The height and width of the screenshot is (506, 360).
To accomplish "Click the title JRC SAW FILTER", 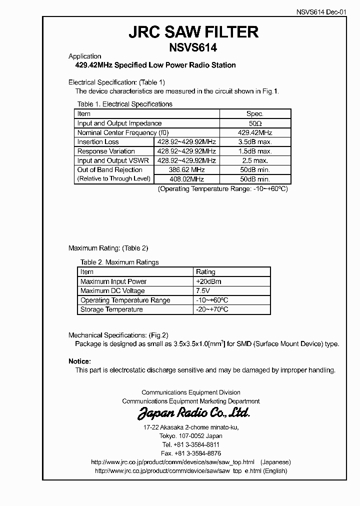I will click(x=194, y=32).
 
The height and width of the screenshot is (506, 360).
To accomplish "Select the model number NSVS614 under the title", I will click(x=194, y=48).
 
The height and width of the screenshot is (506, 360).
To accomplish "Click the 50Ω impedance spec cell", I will click(x=255, y=123).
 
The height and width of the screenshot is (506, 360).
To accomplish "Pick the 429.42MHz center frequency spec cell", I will click(x=255, y=132).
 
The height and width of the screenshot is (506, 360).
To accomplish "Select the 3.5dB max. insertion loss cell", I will click(x=255, y=142).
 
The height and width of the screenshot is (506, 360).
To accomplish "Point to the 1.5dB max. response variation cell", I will click(x=255, y=151).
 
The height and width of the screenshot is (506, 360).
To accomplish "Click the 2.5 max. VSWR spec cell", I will click(x=255, y=160).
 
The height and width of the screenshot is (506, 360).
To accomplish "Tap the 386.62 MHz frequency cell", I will click(x=186, y=170).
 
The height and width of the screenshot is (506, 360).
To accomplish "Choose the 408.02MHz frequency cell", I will click(x=186, y=179).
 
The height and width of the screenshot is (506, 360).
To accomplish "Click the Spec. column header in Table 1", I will click(x=255, y=113).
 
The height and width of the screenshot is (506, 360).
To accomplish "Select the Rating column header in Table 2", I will click(x=205, y=272).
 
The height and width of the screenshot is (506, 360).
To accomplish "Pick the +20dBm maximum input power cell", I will click(x=209, y=281).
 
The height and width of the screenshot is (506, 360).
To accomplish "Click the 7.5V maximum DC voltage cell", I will click(x=203, y=291).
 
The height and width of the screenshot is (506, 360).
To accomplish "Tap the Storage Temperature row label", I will click(x=111, y=309).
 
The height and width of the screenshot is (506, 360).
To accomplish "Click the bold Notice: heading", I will click(x=79, y=361).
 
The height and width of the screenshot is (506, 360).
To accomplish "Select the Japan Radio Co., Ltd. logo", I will click(x=193, y=413).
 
